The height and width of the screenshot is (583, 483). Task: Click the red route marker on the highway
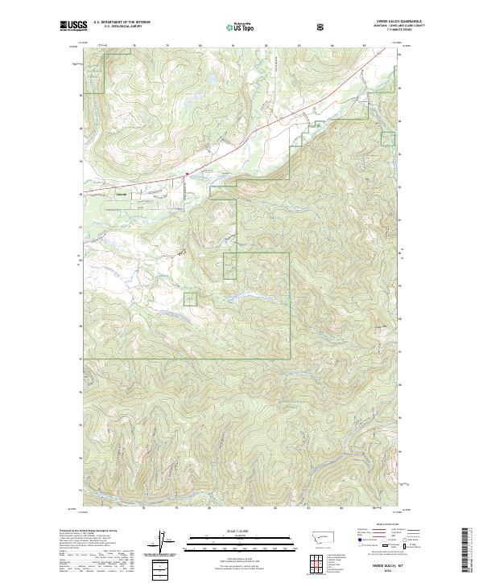coord(186,171)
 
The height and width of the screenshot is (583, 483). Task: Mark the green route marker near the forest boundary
coord(318,125)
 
